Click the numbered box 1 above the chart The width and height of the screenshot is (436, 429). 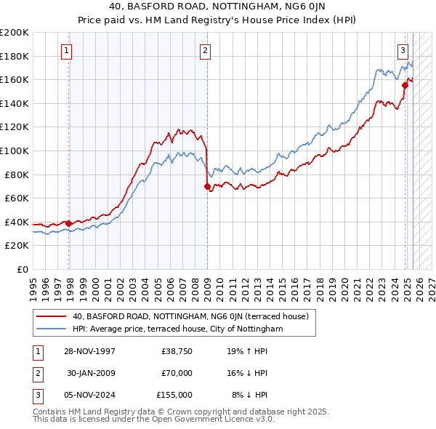(66, 51)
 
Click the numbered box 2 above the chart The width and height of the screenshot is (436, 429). (206, 51)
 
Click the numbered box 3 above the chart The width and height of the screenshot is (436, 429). (403, 51)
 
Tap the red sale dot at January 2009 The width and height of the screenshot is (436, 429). (208, 187)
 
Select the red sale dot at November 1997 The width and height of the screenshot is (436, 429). (69, 223)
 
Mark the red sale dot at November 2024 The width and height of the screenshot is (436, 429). (405, 86)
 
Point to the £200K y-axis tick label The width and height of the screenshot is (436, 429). (15, 33)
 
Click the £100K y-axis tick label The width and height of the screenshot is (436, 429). (15, 151)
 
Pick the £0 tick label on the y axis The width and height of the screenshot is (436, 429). (22, 269)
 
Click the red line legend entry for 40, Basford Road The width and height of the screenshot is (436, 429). (190, 316)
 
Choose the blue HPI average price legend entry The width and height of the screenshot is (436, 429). (177, 329)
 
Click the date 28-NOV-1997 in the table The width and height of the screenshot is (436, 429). (90, 351)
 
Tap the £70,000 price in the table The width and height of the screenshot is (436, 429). (177, 373)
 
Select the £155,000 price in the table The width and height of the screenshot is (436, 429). (174, 395)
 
